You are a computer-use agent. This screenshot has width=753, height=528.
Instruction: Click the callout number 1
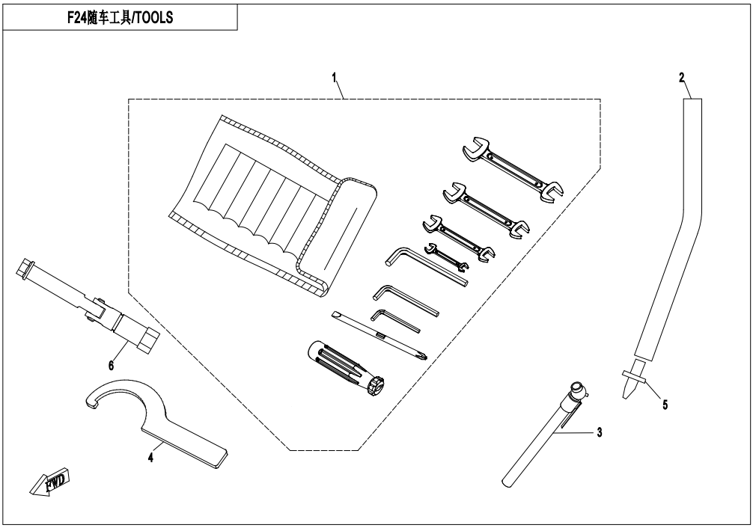click(335, 79)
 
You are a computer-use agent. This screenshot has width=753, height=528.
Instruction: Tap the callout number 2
click(681, 78)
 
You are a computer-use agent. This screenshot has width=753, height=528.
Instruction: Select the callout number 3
click(599, 432)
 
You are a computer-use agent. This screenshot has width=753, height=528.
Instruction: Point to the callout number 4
click(150, 458)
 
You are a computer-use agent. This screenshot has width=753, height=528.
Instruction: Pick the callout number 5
click(665, 405)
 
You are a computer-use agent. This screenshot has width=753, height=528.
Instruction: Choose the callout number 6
click(111, 366)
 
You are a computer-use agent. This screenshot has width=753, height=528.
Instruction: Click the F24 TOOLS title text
click(120, 18)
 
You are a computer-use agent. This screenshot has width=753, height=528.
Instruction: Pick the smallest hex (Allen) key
click(395, 320)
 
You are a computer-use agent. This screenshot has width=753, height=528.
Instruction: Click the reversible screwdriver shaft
click(379, 336)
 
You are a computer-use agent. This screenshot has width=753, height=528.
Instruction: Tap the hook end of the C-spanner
click(95, 399)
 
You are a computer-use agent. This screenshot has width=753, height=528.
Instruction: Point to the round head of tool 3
click(578, 390)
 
